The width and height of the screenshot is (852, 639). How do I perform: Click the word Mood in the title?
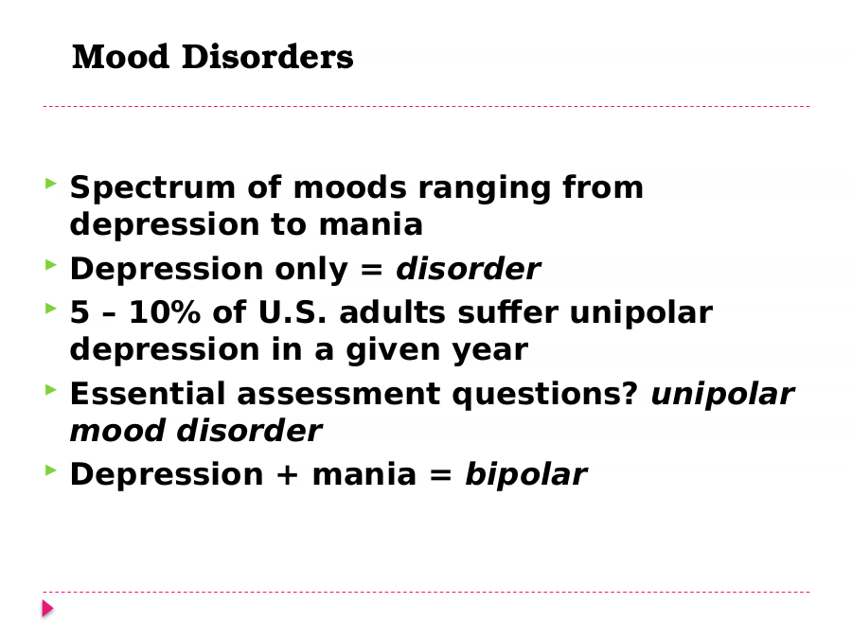(x=120, y=57)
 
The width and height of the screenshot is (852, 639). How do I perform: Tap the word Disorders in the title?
(x=267, y=57)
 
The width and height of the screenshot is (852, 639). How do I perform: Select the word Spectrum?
(x=152, y=189)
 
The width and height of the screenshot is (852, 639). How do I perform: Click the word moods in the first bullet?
(x=349, y=187)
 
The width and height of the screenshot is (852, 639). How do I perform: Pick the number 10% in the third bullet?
(x=165, y=312)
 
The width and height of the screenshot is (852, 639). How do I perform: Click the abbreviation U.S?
(x=293, y=312)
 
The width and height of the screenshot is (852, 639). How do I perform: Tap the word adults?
(x=393, y=312)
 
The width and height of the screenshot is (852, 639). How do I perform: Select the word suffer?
(x=508, y=312)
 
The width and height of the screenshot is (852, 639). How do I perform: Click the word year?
(x=490, y=351)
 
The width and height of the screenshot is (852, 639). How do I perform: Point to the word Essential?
(x=148, y=394)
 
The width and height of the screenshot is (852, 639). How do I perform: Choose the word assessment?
(x=339, y=395)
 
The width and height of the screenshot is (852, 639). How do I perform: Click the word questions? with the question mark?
(x=544, y=395)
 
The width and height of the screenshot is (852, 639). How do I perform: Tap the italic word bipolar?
(x=525, y=475)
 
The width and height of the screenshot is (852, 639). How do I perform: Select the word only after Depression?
(x=311, y=270)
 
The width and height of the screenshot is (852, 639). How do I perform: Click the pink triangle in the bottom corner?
(x=48, y=609)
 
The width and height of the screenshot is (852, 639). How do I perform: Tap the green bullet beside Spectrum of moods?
(x=51, y=183)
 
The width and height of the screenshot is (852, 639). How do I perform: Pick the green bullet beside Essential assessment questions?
(x=51, y=389)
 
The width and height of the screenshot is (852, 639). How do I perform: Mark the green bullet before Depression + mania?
(x=51, y=470)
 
